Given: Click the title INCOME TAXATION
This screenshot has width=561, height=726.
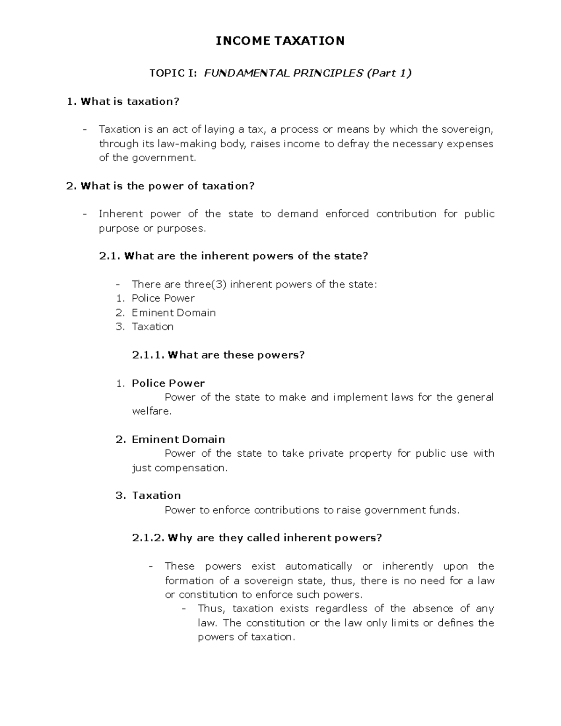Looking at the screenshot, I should [x=280, y=41].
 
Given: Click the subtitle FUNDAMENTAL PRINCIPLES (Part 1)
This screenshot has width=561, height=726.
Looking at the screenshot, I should [x=307, y=73].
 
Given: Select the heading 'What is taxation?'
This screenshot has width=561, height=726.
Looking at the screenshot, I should [x=130, y=101].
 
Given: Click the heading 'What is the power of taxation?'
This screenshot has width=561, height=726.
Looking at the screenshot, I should [x=167, y=186].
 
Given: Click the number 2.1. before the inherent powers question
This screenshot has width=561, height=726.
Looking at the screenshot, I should [x=110, y=256].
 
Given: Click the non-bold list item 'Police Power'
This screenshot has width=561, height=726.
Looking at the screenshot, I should [x=163, y=298].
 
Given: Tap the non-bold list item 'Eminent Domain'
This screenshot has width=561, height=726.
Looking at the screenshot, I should [x=173, y=313].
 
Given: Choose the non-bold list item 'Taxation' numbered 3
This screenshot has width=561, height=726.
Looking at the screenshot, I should [x=152, y=327].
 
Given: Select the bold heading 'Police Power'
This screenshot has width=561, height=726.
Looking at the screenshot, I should [x=168, y=383].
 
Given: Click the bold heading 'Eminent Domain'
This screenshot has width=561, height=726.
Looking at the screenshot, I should [x=178, y=439].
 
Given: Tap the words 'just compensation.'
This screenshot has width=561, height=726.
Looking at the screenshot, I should [x=180, y=468].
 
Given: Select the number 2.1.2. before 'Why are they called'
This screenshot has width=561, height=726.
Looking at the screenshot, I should [x=148, y=538].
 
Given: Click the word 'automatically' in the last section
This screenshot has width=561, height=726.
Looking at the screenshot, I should [x=318, y=566].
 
